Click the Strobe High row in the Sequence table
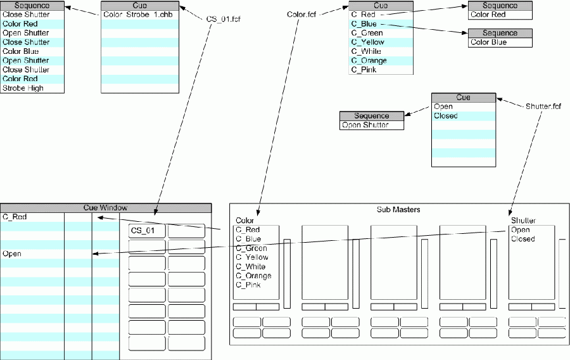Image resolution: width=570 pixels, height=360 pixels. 23,88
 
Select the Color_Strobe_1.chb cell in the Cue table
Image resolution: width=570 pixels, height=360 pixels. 140,15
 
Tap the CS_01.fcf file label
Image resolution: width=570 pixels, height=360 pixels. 224,18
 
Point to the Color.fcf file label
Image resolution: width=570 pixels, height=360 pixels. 301,14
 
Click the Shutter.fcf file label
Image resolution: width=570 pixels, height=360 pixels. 543,106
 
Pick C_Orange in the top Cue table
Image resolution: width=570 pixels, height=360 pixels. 369,61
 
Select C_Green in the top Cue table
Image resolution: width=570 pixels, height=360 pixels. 367,33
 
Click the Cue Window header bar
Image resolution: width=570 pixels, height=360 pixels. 105,207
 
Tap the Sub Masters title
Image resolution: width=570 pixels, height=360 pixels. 398,209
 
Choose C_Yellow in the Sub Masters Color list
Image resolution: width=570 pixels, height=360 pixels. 252,257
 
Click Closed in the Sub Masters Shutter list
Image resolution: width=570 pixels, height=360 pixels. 522,239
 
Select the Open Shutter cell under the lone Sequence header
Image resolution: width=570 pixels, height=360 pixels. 365,125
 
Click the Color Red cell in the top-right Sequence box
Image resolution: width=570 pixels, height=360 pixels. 488,15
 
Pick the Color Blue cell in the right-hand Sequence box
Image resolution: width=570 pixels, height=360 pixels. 488,42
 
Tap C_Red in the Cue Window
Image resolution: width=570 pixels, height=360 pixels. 15,217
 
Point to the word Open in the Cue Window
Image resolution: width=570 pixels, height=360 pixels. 12,254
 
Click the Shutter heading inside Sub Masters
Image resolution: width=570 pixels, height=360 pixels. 523,221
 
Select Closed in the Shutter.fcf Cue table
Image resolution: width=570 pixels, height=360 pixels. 445,116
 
